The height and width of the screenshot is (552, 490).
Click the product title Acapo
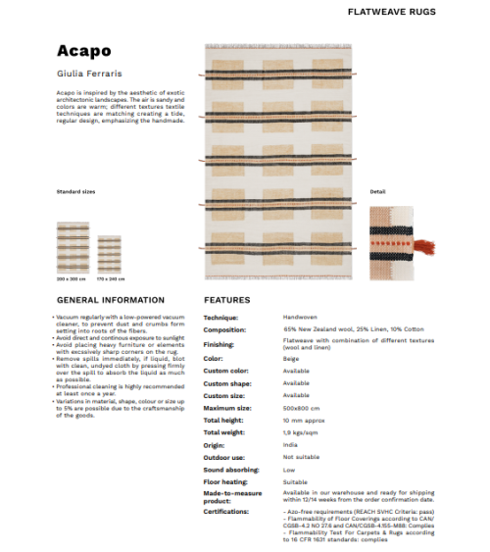point(83,51)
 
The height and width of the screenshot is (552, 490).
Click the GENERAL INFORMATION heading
point(110,299)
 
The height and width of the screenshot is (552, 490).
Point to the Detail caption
point(377,191)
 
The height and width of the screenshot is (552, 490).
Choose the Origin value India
point(290,444)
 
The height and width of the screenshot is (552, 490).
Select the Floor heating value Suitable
point(296,481)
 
